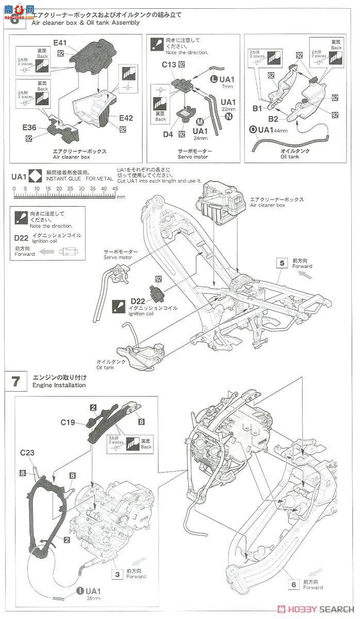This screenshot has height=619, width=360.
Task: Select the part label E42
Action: (x=126, y=118)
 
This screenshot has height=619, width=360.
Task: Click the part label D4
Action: (x=168, y=134)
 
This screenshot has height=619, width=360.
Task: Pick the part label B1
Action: (x=258, y=108)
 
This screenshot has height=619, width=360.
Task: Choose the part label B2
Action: (x=273, y=119)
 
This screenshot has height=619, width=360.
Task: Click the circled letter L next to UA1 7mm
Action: (x=214, y=79)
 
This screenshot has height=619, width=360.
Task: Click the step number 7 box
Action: (x=16, y=381)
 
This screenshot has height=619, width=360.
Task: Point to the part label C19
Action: (x=68, y=422)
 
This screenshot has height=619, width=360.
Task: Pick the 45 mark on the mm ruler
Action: (x=115, y=189)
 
